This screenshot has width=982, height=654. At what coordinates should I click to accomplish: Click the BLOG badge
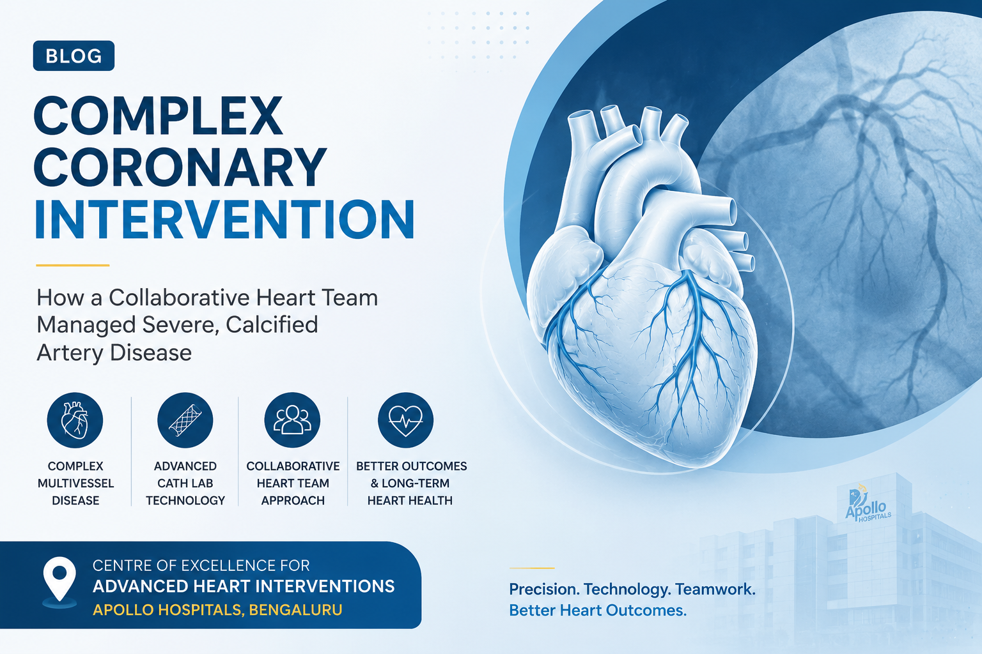pyautogui.click(x=74, y=56)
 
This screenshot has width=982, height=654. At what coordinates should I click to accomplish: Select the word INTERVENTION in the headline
pyautogui.click(x=224, y=220)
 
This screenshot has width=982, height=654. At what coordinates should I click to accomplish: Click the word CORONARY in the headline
pyautogui.click(x=180, y=169)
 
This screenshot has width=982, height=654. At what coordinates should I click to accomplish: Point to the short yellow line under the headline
pyautogui.click(x=73, y=265)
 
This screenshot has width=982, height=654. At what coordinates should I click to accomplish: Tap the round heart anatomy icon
pyautogui.click(x=75, y=420)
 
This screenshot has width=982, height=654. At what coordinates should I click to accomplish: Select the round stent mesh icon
pyautogui.click(x=185, y=420)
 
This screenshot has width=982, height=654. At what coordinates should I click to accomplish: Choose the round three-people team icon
pyautogui.click(x=292, y=420)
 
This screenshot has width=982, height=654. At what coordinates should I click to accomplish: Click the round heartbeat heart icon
pyautogui.click(x=405, y=420)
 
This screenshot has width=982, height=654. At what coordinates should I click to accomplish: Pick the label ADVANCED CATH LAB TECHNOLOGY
pyautogui.click(x=185, y=483)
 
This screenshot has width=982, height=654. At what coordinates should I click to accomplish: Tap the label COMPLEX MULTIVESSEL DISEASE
pyautogui.click(x=75, y=483)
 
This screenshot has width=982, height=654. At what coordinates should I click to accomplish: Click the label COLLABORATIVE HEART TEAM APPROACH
pyautogui.click(x=293, y=483)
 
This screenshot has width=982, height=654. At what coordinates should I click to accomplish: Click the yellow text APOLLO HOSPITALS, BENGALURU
pyautogui.click(x=217, y=610)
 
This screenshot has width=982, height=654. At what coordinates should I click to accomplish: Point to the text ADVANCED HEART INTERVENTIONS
pyautogui.click(x=244, y=586)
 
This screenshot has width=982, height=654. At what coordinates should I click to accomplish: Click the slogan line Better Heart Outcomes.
pyautogui.click(x=598, y=610)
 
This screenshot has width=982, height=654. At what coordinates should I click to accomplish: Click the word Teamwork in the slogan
pyautogui.click(x=715, y=589)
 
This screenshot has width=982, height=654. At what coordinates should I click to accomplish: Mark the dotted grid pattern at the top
pyautogui.click(x=478, y=35)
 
